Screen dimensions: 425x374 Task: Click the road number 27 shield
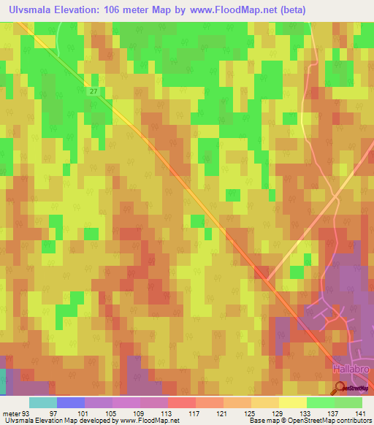coord(95,91)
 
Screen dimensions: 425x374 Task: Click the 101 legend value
coord(84,414)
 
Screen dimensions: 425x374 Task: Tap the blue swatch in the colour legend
coord(70,402)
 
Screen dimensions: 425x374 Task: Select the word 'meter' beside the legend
coord(12,414)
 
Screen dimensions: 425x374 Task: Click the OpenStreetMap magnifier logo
coord(340,388)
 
